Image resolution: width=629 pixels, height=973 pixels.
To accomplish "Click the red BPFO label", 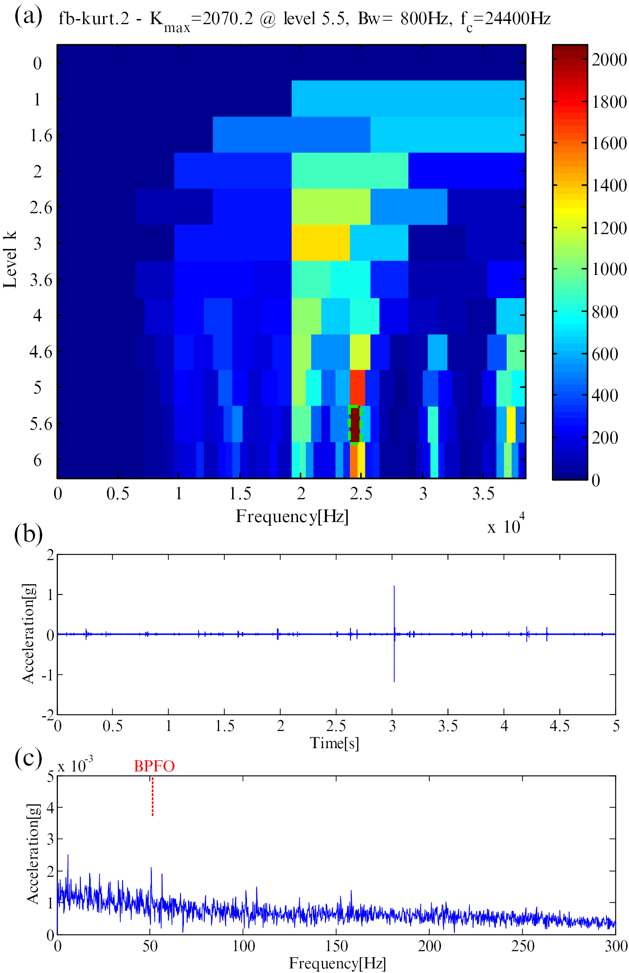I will point(154,766).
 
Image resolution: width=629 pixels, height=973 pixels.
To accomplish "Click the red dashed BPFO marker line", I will point(152,797).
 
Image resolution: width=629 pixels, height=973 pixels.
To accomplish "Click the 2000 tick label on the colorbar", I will point(609,60).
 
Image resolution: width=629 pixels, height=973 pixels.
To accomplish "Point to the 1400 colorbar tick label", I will point(609,186).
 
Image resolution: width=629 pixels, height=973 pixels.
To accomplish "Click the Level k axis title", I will point(10,260).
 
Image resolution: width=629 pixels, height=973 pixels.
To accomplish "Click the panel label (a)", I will point(28,17).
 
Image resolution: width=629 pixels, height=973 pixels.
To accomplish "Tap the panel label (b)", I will point(28,534).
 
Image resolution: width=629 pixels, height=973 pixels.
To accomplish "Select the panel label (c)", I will point(28,758).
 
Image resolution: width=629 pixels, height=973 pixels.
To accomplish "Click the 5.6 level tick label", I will point(41,424).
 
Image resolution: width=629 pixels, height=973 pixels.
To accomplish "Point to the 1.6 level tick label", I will point(41,136).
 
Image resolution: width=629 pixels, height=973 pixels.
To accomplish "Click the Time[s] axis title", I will point(334,743).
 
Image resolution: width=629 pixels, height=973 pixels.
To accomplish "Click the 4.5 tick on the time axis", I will point(559,726).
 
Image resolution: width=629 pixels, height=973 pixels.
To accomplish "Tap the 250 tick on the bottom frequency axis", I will point(523,946).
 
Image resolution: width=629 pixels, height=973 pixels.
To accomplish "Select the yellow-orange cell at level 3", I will point(320,242).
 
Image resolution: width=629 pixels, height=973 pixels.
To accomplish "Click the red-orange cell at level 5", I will point(357,387).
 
